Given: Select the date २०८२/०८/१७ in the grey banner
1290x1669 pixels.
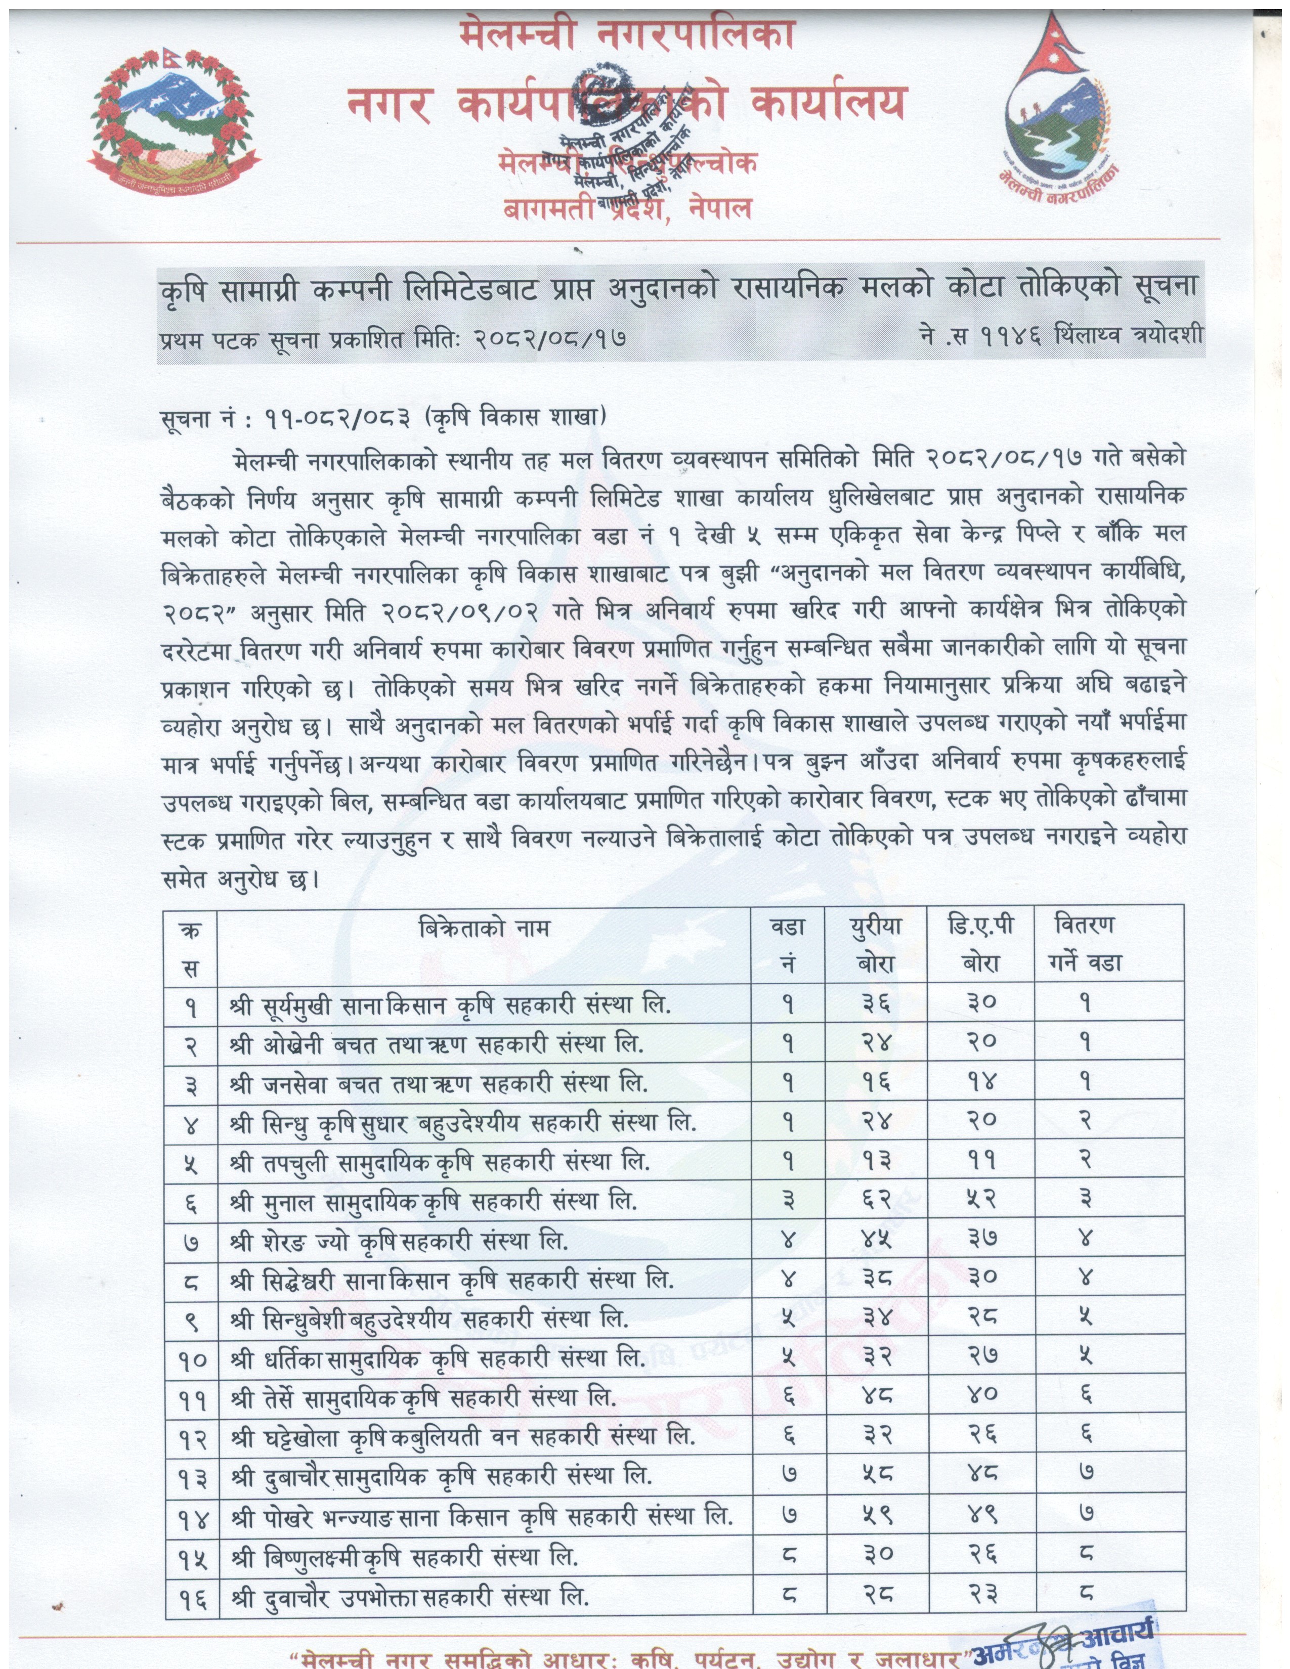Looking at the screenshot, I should point(549,337).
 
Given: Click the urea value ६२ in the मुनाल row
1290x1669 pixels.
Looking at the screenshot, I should point(876,1201).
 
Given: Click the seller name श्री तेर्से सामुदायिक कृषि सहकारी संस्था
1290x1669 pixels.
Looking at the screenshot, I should point(422,1398).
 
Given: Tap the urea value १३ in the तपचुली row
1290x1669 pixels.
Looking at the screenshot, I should point(876,1162).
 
